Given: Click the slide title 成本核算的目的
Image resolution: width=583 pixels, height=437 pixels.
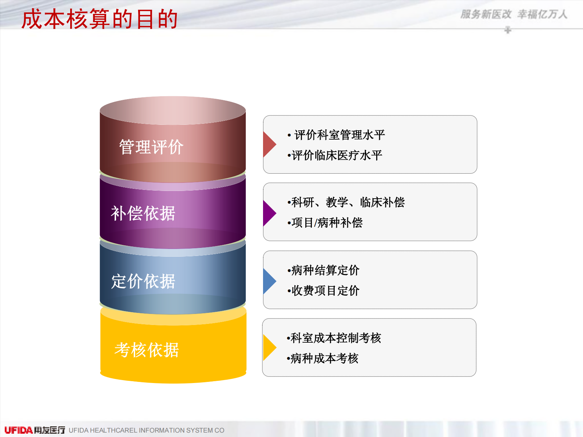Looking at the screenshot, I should (x=100, y=19).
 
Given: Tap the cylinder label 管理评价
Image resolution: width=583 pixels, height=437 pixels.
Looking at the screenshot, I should (x=151, y=147).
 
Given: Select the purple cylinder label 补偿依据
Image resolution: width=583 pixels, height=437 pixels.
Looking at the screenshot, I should (x=143, y=213).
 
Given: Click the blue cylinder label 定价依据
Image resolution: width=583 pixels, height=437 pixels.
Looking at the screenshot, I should (x=143, y=282).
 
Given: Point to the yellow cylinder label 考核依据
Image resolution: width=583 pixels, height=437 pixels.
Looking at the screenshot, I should (x=147, y=350).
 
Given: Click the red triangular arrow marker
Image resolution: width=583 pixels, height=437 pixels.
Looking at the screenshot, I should (x=269, y=144).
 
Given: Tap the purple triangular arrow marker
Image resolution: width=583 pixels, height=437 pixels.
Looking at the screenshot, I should (x=269, y=213).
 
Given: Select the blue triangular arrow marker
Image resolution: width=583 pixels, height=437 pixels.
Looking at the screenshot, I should (x=269, y=281).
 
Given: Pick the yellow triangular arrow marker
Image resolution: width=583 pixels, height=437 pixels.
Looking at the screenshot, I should (x=269, y=347).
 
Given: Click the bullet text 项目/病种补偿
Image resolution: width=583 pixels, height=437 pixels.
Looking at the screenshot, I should (x=327, y=223).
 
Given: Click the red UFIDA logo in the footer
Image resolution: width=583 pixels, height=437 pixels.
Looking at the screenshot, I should (x=18, y=430).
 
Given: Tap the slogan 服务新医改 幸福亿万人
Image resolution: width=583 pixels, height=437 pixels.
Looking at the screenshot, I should (x=514, y=14).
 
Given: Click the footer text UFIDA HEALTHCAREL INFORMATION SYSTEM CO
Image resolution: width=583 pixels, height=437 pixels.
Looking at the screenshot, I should (x=146, y=430).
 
